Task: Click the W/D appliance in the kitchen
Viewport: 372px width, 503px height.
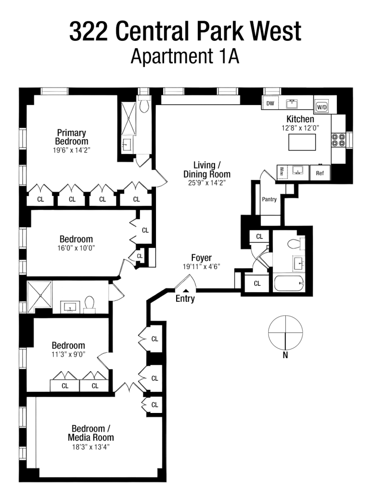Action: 321,107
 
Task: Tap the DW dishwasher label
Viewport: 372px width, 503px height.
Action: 270,104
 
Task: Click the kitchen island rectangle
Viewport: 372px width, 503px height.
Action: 302,143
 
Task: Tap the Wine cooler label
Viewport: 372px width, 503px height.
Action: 281,172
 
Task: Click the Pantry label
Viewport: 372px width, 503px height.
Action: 269,199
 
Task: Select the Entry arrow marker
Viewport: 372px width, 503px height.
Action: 185,291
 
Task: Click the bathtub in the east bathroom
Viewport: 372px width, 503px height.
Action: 289,284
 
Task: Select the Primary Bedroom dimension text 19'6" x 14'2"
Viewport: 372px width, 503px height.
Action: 71,150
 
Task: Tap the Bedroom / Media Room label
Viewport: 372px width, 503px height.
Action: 91,433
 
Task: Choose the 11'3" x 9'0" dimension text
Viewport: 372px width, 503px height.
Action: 68,354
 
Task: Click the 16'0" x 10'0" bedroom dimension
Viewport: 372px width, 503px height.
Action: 76,247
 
